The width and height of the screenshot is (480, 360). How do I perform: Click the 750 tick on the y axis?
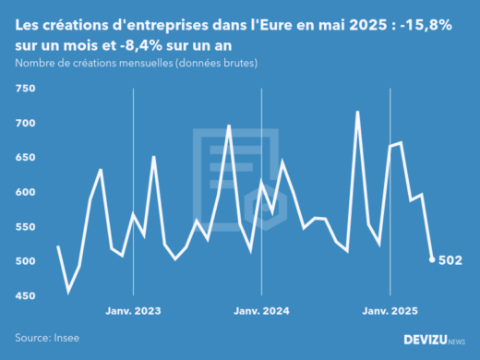[x=25, y=89]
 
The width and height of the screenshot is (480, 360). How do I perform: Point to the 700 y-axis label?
[x=25, y=124]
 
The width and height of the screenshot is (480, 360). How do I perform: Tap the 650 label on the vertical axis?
[x=25, y=158]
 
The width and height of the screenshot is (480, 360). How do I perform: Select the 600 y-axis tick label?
[x=25, y=193]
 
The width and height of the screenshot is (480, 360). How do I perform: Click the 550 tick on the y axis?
[x=25, y=227]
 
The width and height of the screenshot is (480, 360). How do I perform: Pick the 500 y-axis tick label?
[x=25, y=262]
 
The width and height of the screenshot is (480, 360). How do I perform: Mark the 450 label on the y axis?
[x=25, y=296]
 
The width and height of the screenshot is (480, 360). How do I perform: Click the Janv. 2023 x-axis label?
[x=134, y=311]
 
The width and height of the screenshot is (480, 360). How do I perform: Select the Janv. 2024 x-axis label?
[x=262, y=311]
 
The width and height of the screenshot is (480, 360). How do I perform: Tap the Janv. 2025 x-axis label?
[x=390, y=311]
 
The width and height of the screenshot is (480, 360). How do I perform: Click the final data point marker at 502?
[x=432, y=259]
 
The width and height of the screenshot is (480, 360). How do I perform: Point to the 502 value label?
[x=450, y=260]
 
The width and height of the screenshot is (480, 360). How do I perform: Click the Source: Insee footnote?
[x=46, y=338]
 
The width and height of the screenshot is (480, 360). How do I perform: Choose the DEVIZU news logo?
[x=435, y=340]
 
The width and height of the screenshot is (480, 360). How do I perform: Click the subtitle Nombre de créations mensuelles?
[x=136, y=63]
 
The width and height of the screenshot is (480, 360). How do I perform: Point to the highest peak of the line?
[x=357, y=113]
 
